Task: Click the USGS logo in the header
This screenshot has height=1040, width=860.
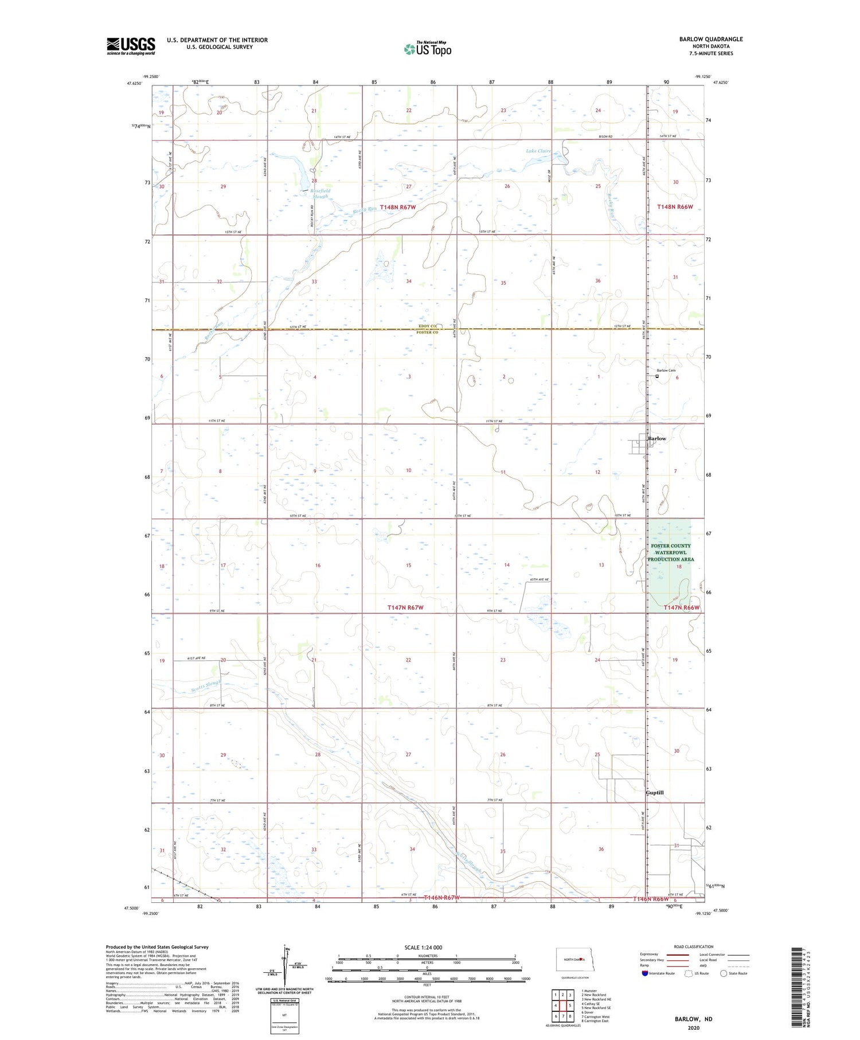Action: [131, 46]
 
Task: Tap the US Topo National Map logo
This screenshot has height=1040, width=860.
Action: [428, 49]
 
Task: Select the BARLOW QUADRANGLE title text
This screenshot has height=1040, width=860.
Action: [710, 39]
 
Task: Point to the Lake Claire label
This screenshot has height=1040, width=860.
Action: [538, 151]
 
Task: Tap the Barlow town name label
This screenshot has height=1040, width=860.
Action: [656, 438]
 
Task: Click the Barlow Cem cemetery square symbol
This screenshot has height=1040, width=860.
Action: [657, 376]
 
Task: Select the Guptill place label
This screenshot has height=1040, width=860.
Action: [654, 792]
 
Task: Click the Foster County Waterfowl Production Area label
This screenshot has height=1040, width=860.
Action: [670, 552]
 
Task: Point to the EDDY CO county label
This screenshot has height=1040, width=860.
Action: [428, 326]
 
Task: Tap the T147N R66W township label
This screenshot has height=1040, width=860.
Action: [682, 607]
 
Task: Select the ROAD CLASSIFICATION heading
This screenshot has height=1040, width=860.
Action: [694, 946]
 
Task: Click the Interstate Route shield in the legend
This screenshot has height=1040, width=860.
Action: [645, 973]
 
